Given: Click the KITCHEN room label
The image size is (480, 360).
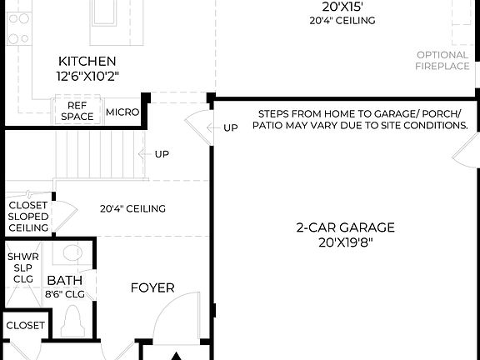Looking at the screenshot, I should [x=87, y=61].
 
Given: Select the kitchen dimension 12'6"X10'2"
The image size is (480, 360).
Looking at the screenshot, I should [x=87, y=76].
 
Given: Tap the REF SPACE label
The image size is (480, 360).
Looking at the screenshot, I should [x=77, y=112].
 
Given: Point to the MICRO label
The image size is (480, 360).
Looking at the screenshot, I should [x=122, y=112].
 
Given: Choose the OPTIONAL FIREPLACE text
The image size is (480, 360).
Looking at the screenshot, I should [x=442, y=61].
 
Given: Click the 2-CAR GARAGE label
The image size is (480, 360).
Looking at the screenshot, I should [x=345, y=227].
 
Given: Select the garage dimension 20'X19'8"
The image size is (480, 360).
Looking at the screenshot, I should [x=345, y=242].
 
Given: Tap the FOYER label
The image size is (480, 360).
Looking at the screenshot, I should [x=152, y=287].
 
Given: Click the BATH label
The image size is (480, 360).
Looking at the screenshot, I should [x=63, y=281].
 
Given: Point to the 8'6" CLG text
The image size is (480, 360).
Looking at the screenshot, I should [x=63, y=293].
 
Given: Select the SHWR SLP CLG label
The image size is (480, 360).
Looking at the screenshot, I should [x=22, y=267].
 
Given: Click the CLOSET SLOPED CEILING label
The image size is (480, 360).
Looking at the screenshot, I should [x=28, y=217].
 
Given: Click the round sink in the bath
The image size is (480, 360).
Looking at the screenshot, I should [x=72, y=252].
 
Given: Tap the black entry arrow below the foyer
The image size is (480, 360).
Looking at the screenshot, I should [x=176, y=356].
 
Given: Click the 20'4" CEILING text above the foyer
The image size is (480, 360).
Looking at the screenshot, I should [x=132, y=208].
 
